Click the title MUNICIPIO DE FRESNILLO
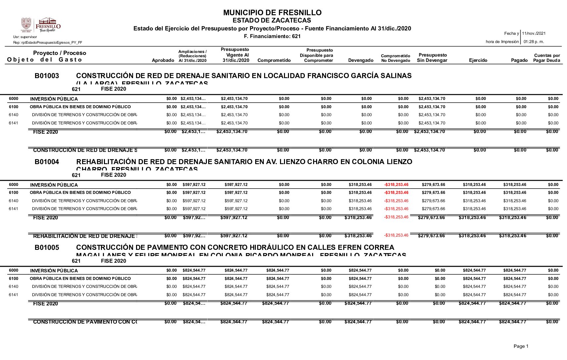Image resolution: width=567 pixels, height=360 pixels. (x=272, y=13)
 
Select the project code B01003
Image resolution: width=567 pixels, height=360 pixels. (x=47, y=76)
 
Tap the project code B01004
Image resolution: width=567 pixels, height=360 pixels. (x=47, y=162)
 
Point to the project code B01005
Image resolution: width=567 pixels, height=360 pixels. (x=47, y=247)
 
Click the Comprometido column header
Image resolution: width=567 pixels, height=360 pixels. (x=274, y=60)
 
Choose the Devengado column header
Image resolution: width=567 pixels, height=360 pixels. (x=360, y=60)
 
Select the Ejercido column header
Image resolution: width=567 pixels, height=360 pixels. (x=478, y=60)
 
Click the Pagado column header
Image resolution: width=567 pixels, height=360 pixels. (x=519, y=60)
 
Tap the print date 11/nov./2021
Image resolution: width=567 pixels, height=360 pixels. (x=534, y=33)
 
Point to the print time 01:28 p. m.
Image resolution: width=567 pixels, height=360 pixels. (x=534, y=42)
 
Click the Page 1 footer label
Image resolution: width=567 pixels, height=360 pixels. (x=521, y=346)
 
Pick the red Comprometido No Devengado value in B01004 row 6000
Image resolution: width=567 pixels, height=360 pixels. (x=396, y=185)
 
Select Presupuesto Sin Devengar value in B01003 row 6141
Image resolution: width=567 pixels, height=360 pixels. (x=432, y=123)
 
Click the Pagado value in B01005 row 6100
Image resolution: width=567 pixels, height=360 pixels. (x=514, y=279)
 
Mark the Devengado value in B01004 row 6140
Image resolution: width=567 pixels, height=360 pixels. (x=360, y=201)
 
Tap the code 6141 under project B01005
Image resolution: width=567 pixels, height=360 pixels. (x=14, y=295)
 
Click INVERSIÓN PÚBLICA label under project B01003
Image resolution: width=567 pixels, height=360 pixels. (x=54, y=99)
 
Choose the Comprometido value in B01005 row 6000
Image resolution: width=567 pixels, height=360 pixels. (x=277, y=270)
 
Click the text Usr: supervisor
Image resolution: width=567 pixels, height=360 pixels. (x=25, y=37)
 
